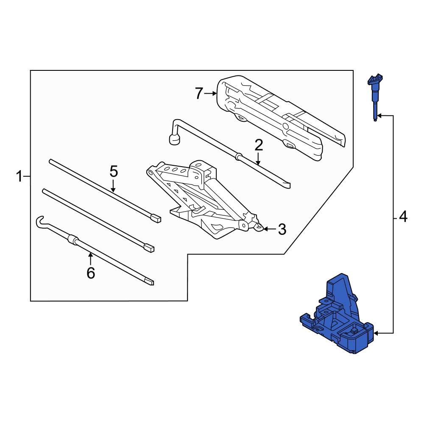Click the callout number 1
pos(19,176)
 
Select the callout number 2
pos(259,145)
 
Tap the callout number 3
pos(282,229)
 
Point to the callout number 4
pos(403,218)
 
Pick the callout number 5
pos(113,172)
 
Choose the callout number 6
pos(91,273)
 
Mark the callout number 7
pos(199,93)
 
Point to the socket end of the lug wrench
pos(173,139)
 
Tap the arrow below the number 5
pos(113,189)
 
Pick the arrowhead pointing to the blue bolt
pos(380,115)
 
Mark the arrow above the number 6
pos(90,255)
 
